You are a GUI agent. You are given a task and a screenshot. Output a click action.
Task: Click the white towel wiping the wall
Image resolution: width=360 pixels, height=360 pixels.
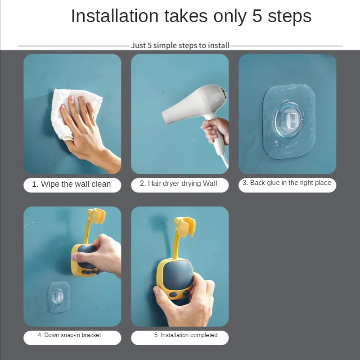tap(69, 108)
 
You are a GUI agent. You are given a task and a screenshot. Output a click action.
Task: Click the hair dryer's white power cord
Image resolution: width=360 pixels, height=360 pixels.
tap(225, 161)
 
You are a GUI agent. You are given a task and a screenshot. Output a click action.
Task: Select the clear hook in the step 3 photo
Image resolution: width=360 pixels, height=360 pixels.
tap(289, 120)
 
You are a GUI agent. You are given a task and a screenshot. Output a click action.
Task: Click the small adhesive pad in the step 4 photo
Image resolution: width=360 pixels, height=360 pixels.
tap(59, 297)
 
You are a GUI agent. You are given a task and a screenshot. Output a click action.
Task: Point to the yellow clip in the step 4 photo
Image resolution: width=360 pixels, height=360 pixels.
tap(96, 216)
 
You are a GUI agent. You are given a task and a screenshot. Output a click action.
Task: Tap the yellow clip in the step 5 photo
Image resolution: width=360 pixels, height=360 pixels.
tap(185, 227)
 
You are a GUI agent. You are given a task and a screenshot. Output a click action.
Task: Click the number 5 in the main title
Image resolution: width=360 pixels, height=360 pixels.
tap(257, 16)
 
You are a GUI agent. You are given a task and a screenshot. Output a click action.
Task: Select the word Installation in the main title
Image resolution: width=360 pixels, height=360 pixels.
tap(115, 16)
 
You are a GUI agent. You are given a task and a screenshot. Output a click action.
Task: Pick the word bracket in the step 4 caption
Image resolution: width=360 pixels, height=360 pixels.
tap(91, 335)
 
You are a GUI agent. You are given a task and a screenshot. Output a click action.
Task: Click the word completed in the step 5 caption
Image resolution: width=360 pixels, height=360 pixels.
tap(203, 335)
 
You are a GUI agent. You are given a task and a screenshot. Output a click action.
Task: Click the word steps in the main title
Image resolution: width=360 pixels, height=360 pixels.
tap(289, 17)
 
